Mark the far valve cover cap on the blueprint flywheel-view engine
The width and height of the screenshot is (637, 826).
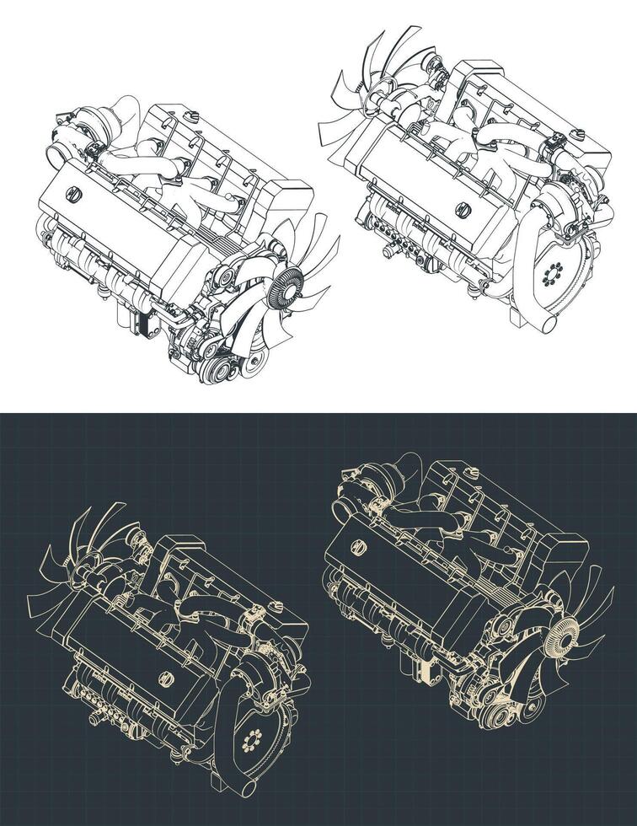[x=271, y=605]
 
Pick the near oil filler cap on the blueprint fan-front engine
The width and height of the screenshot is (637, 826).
[x=358, y=548]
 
